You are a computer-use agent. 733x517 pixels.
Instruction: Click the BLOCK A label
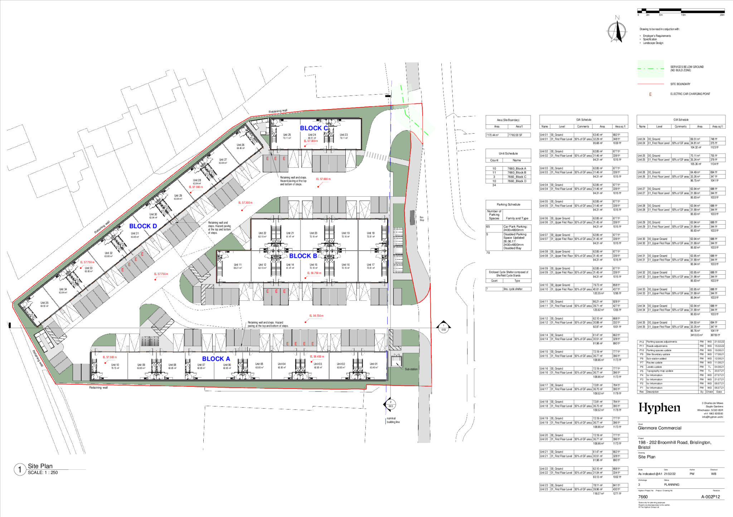pos(216,359)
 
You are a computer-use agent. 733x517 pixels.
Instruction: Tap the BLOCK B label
pos(303,256)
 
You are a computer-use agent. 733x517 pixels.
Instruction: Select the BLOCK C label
pos(314,128)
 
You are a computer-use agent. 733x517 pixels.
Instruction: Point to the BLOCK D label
pos(143,226)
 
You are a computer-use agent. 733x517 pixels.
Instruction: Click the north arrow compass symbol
pos(617,31)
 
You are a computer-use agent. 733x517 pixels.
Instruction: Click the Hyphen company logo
pos(659,408)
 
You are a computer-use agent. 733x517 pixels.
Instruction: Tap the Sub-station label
pos(411,369)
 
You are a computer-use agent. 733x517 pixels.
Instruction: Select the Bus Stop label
pos(422,218)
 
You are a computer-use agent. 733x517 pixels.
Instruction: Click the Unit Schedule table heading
pos(508,153)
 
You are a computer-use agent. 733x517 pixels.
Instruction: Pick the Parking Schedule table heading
pos(508,205)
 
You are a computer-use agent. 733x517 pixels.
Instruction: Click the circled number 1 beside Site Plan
pos(20,469)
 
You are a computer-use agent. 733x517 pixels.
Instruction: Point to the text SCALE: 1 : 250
pos(43,473)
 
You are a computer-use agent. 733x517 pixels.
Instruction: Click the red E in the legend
pos(650,94)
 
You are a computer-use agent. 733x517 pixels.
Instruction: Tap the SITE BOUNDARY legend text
pos(680,84)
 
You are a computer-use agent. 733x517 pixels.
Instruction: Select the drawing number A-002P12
pos(710,497)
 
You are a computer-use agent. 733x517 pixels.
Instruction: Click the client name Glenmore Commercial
pos(659,428)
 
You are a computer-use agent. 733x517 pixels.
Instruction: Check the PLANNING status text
pos(671,485)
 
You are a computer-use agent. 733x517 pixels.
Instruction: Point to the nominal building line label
pos(393,420)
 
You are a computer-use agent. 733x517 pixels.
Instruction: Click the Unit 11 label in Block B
pos(238,265)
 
